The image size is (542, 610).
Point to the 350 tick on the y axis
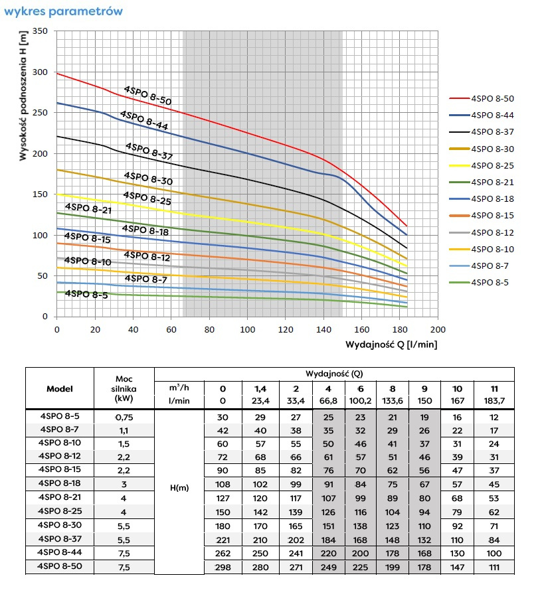41,31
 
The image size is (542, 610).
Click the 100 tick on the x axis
247,329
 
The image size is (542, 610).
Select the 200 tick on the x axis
438,329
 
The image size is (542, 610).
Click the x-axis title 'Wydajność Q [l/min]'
391,344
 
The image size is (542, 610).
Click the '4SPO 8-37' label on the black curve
149,151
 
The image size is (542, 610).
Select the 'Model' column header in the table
60,389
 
